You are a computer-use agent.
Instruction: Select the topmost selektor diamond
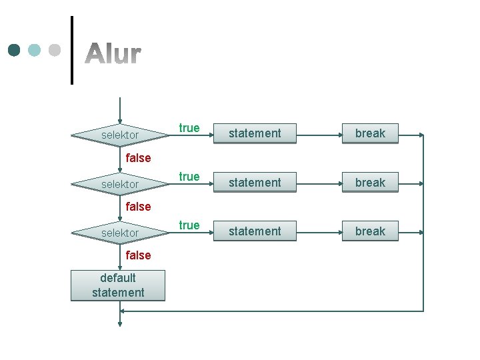pos(119,135)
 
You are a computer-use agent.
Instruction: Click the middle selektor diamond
pos(119,184)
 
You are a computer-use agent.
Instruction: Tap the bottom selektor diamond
pos(119,233)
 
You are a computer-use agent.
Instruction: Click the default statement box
pos(118,285)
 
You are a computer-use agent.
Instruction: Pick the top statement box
pos(255,133)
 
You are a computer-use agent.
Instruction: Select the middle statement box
pos(255,182)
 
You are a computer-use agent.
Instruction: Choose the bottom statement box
pos(255,231)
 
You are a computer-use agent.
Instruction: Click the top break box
pos(370,133)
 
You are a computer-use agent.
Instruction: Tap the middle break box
pos(370,182)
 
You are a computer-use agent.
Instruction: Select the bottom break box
pos(370,231)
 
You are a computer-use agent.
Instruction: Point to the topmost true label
pos(189,128)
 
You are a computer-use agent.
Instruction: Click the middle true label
pos(189,177)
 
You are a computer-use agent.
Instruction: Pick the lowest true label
pos(189,225)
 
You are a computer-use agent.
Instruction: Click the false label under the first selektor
pos(138,158)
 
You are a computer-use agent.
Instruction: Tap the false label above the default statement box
pos(138,255)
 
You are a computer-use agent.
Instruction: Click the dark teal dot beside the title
pos(14,51)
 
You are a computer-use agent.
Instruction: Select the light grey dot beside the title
pos(55,51)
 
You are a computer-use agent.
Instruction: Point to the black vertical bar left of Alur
pos(71,50)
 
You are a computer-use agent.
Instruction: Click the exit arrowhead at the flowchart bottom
pos(120,324)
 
